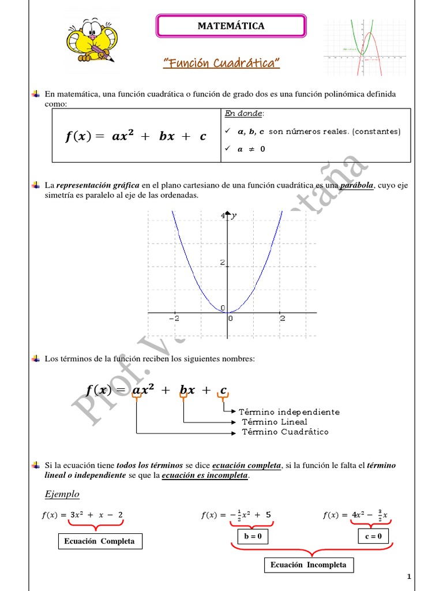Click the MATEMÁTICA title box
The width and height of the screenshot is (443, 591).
[x=231, y=26]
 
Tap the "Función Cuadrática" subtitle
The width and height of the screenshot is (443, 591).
[x=221, y=62]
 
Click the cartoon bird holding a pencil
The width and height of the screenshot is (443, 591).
[x=89, y=40]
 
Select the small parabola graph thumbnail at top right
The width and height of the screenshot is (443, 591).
[x=361, y=47]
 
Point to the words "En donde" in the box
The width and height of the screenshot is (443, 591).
[x=239, y=114]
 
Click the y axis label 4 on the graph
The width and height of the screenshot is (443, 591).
[x=223, y=216]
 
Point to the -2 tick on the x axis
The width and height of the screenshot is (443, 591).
[x=174, y=318]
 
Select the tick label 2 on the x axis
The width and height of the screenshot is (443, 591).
[x=282, y=318]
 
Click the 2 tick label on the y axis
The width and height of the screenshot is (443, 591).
[x=221, y=263]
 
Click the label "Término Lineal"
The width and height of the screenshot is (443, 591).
[x=275, y=422]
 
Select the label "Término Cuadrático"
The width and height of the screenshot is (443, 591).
[x=285, y=432]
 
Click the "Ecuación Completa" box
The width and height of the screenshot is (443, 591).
[x=100, y=541]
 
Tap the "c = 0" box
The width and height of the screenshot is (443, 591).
[x=373, y=536]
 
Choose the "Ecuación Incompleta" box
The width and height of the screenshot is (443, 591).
[x=309, y=564]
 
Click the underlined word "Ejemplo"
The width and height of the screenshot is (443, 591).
[x=62, y=494]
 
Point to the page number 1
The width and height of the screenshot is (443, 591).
[x=408, y=577]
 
